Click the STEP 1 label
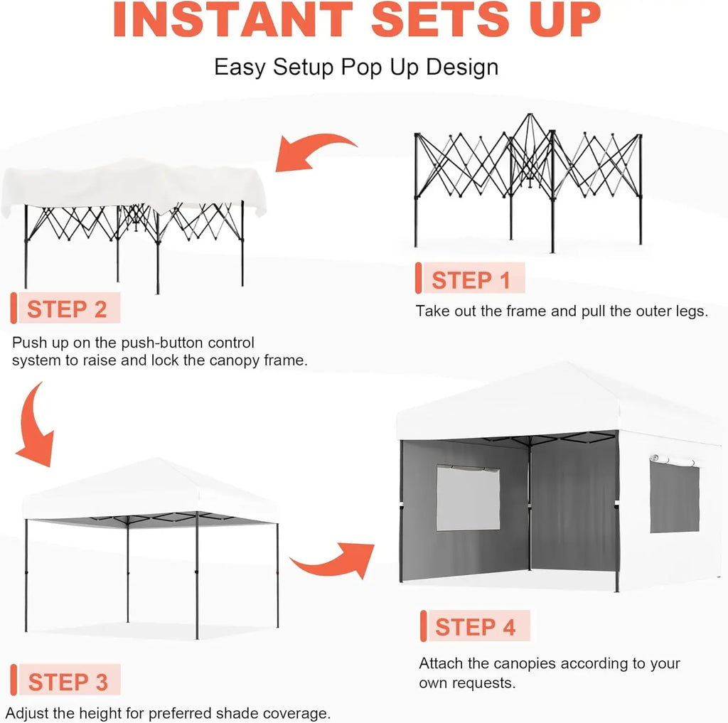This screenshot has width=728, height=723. click(x=471, y=279)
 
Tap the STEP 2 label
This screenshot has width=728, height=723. click(x=67, y=309)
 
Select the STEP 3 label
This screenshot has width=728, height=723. click(x=68, y=682)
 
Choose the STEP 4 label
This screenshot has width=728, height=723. click(x=475, y=627)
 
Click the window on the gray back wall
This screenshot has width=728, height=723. click(x=467, y=497)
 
